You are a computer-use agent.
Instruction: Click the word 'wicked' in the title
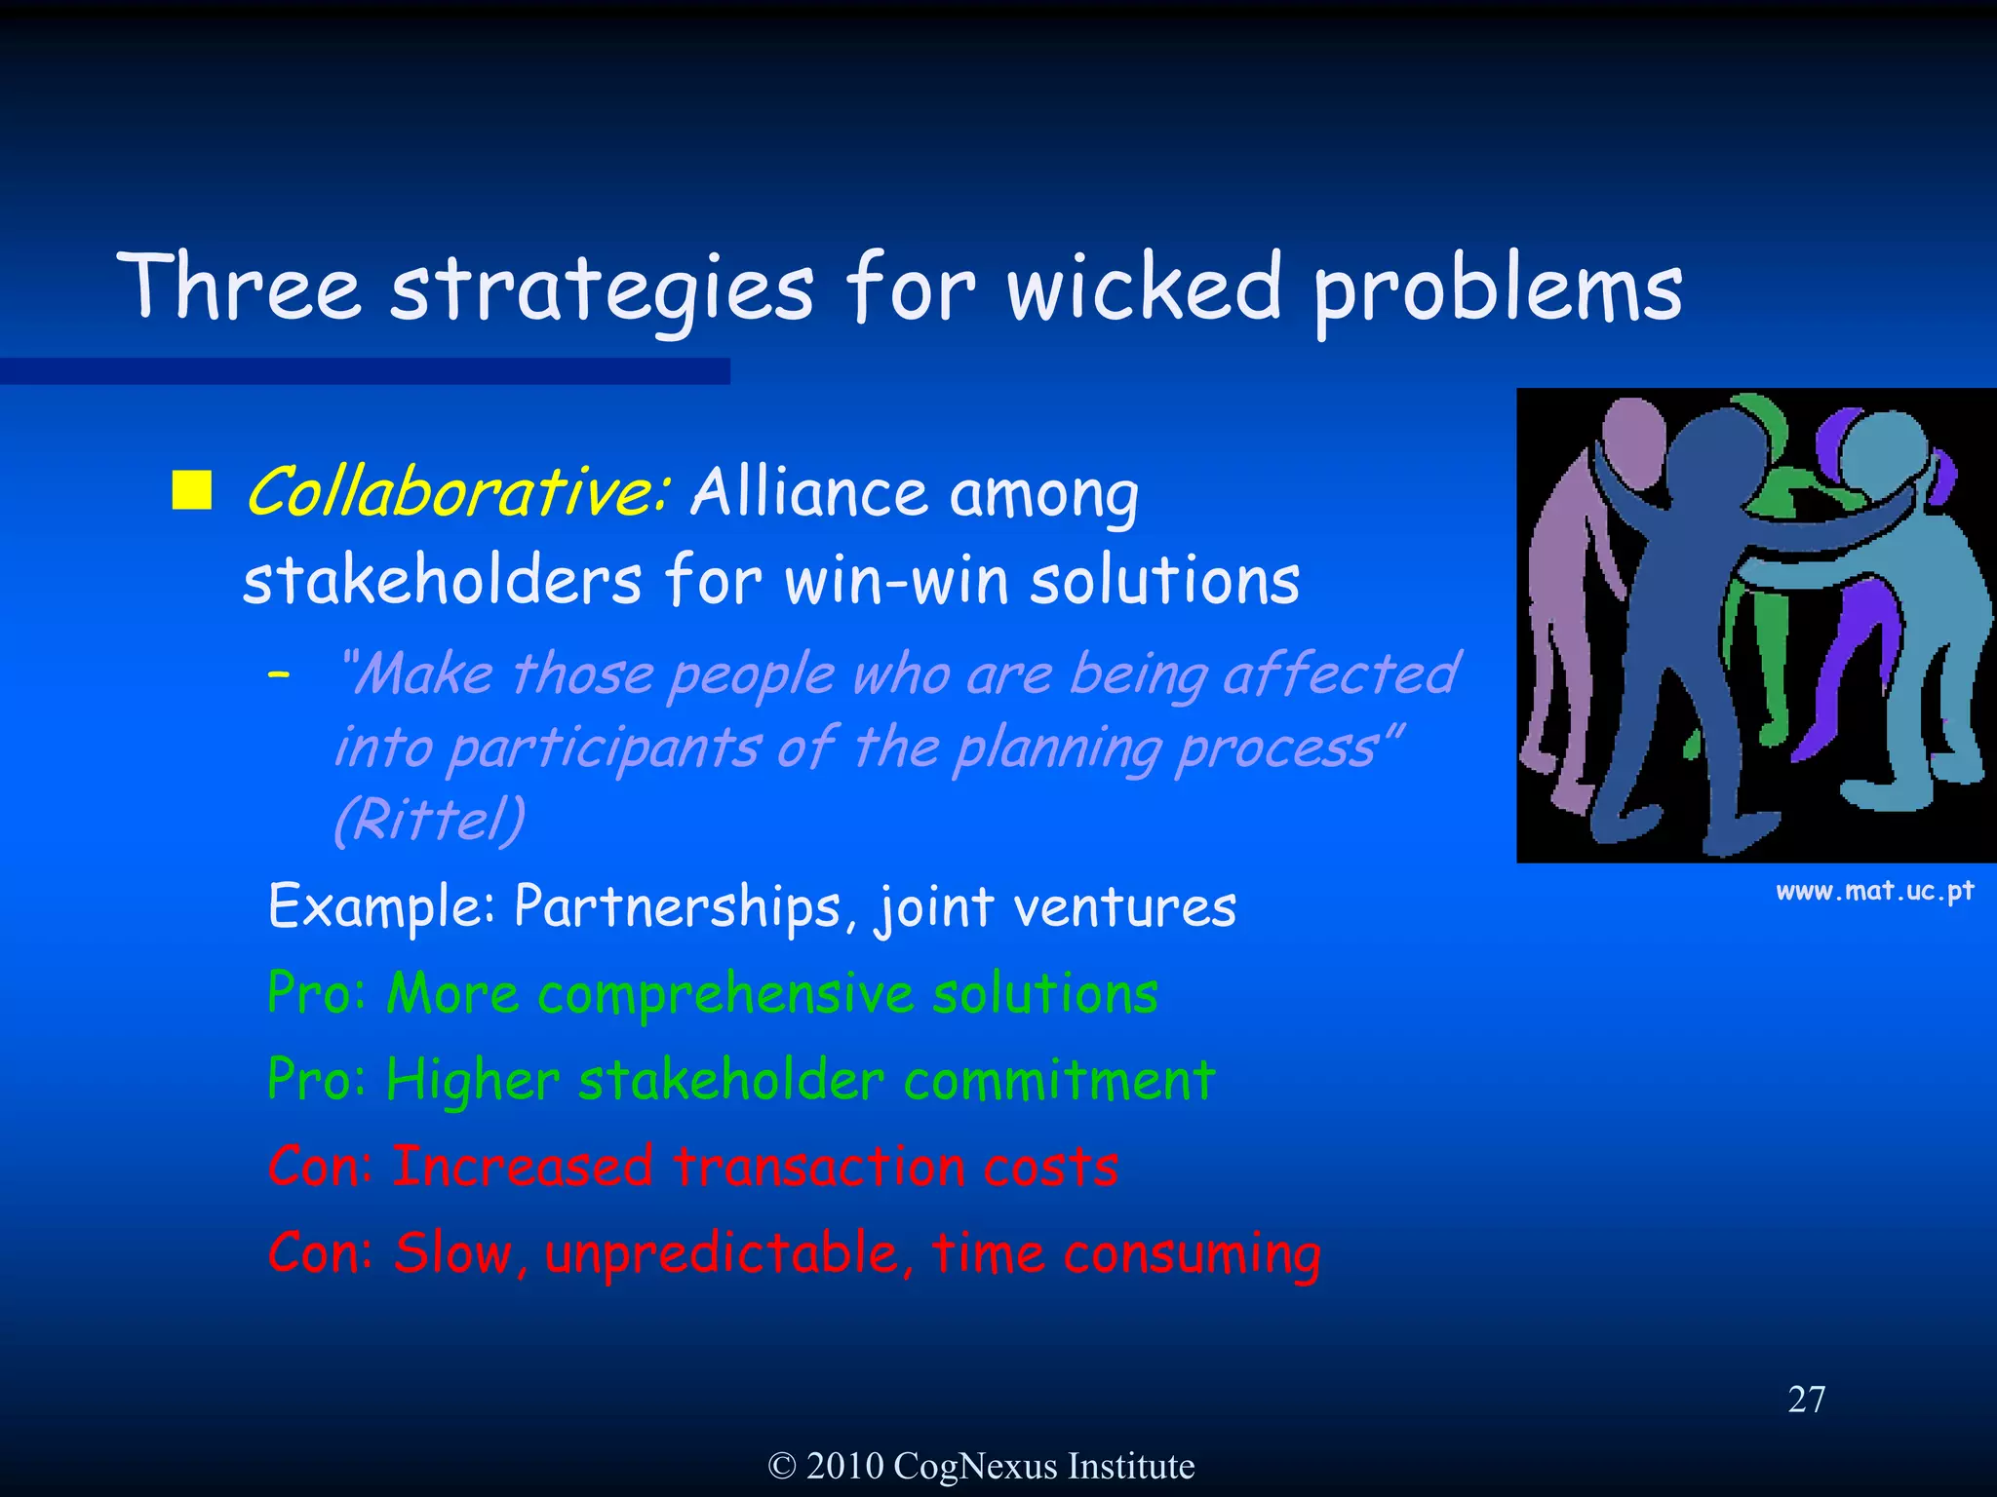[1143, 288]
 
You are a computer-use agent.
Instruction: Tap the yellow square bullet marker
[192, 490]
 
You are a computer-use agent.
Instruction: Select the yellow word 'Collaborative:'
[457, 491]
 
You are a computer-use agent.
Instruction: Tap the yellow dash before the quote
[280, 673]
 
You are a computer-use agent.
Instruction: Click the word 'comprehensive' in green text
[726, 994]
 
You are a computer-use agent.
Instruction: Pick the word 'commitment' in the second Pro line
[1059, 1080]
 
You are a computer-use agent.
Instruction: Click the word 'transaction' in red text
[819, 1167]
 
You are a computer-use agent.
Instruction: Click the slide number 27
[1806, 1400]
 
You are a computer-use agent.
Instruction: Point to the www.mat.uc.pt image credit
[1874, 891]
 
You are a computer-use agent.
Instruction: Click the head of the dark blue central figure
[1718, 458]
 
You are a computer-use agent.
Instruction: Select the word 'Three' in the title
[239, 288]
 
